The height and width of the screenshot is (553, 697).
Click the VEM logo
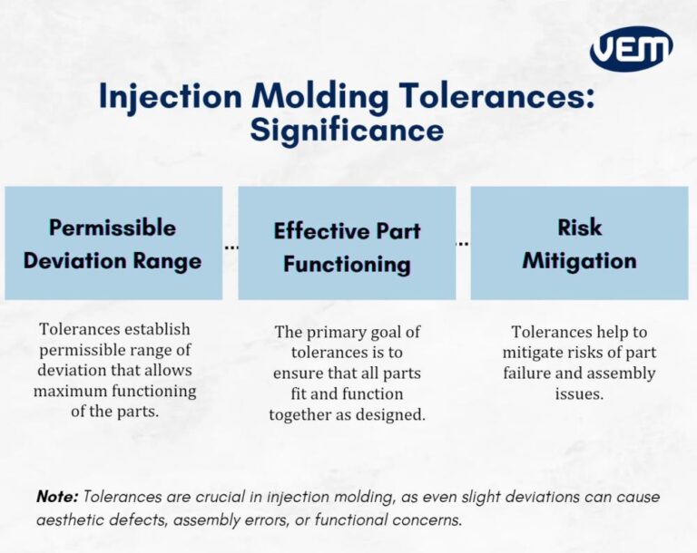tap(631, 49)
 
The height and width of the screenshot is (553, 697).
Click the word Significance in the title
tap(347, 131)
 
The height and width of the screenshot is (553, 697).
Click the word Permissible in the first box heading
tap(113, 227)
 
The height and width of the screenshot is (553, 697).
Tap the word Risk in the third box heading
tap(579, 227)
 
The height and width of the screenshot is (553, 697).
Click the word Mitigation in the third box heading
tap(579, 261)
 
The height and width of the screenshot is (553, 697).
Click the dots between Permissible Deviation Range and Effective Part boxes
tap(231, 246)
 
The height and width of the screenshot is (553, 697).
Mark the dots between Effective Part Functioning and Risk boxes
tap(463, 243)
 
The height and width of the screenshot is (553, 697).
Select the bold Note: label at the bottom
tap(57, 497)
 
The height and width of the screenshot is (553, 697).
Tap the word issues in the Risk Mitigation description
tap(579, 393)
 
